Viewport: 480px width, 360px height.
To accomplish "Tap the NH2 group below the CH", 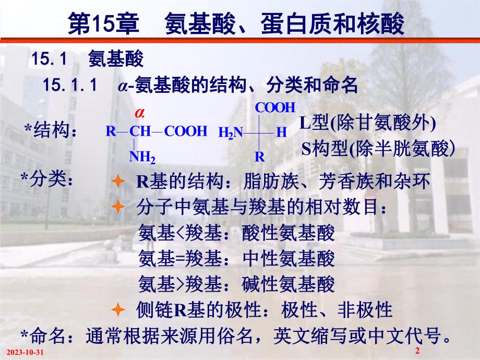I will coord(142,156).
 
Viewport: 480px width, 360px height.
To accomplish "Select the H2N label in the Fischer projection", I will coord(231,133).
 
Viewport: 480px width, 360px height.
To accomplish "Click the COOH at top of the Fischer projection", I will coord(275,108).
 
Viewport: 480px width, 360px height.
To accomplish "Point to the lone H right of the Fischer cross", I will coord(281,133).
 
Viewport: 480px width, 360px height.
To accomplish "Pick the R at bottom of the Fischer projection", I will coord(259,156).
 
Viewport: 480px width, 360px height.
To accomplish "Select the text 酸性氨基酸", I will coord(289,233).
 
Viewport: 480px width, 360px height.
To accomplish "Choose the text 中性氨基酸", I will coord(289,258).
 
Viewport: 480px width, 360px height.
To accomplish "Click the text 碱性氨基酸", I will coord(289,284).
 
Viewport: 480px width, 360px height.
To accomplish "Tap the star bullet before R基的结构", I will coord(118,182).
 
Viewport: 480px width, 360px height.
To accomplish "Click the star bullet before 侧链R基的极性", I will coord(118,310).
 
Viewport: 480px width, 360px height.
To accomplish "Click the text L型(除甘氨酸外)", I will coord(367,124).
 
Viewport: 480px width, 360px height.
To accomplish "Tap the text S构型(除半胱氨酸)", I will coord(378,150).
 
